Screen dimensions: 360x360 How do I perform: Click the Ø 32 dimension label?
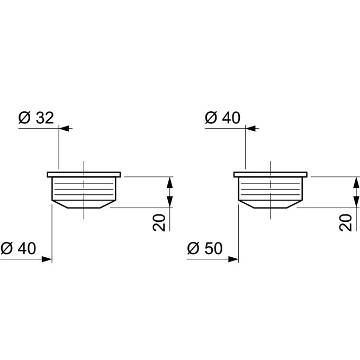click(36, 118)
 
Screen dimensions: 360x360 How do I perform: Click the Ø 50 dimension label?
click(205, 248)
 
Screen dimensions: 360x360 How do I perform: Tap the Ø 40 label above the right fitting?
click(223, 118)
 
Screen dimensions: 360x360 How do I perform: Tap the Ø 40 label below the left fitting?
click(19, 248)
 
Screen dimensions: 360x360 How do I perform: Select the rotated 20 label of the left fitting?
click(159, 222)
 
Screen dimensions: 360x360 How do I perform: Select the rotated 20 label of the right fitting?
click(346, 222)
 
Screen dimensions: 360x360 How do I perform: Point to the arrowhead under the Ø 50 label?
click(233, 259)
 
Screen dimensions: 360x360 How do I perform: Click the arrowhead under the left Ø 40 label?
click(47, 259)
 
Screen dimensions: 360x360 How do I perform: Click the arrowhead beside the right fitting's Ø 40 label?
click(251, 128)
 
